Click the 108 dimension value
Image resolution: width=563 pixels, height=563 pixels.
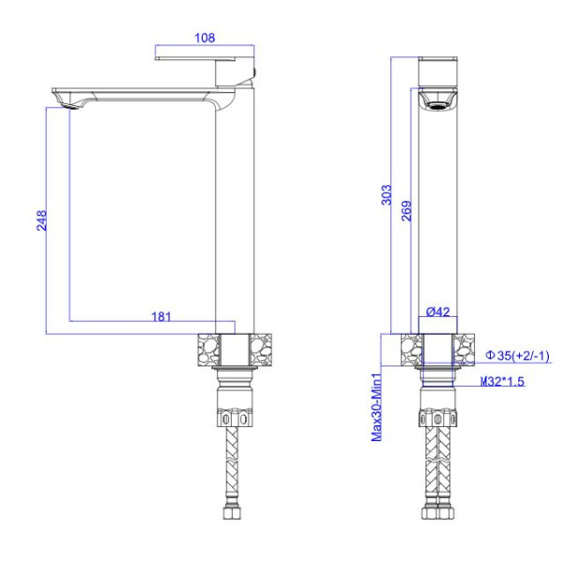pyautogui.click(x=205, y=38)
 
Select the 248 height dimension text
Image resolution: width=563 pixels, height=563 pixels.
pyautogui.click(x=41, y=221)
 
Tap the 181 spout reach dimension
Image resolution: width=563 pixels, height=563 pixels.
pyautogui.click(x=161, y=317)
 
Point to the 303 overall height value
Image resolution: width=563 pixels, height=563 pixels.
pyautogui.click(x=387, y=195)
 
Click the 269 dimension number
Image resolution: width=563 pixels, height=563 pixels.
pyautogui.click(x=406, y=211)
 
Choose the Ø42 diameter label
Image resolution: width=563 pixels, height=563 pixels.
pyautogui.click(x=438, y=312)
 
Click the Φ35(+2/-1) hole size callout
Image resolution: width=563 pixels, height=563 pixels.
pyautogui.click(x=517, y=356)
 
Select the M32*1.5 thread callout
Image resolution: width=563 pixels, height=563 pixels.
pyautogui.click(x=502, y=381)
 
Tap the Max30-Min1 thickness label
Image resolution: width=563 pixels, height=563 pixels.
pyautogui.click(x=376, y=407)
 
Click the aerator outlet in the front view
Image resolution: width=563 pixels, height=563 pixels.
pyautogui.click(x=438, y=105)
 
